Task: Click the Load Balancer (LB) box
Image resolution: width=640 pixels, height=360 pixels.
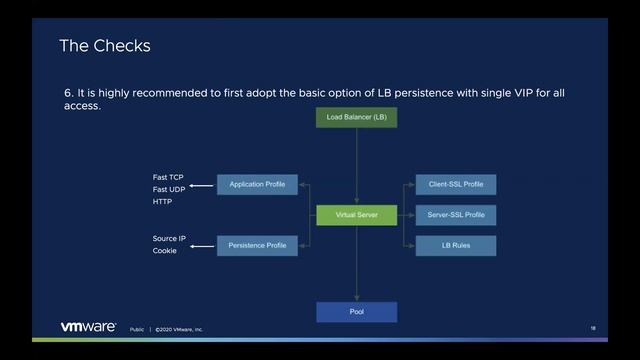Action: click(x=356, y=117)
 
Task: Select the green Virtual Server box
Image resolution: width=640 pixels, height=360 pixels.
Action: click(x=356, y=214)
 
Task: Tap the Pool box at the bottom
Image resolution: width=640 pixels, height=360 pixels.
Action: click(x=356, y=312)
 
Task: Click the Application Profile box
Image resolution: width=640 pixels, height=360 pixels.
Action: click(x=257, y=185)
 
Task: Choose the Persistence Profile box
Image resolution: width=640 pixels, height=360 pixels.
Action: click(x=257, y=245)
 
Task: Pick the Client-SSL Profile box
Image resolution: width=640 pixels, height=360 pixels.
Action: click(x=456, y=185)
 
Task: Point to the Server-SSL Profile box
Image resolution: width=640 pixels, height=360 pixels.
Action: click(x=456, y=214)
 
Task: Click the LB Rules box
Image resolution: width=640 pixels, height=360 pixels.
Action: click(x=456, y=244)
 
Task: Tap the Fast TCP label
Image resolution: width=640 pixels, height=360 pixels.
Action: click(x=168, y=177)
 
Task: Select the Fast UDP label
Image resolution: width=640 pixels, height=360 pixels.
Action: click(x=168, y=189)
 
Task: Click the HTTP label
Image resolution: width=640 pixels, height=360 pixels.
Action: click(x=162, y=201)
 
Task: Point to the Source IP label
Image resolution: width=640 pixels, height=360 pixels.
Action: click(x=169, y=239)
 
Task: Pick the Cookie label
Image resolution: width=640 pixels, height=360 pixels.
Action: click(x=164, y=251)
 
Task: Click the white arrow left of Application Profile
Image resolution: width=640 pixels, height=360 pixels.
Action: click(x=202, y=186)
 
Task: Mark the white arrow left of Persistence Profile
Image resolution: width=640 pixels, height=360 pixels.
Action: click(x=202, y=246)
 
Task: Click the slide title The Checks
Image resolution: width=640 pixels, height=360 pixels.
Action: click(x=104, y=46)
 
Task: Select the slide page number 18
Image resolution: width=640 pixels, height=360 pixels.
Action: click(x=593, y=327)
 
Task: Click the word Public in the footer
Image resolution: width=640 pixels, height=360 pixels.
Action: click(x=136, y=328)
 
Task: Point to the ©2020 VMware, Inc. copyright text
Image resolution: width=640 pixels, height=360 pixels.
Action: click(x=178, y=328)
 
